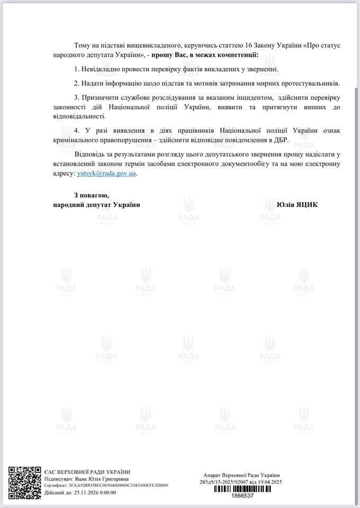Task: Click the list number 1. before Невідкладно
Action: click(x=77, y=70)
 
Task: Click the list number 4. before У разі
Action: click(x=77, y=130)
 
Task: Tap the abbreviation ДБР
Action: click(x=281, y=140)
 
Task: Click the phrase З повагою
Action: click(x=92, y=195)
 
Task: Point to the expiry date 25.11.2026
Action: click(x=82, y=492)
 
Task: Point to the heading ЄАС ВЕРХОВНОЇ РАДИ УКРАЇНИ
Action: click(x=87, y=472)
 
